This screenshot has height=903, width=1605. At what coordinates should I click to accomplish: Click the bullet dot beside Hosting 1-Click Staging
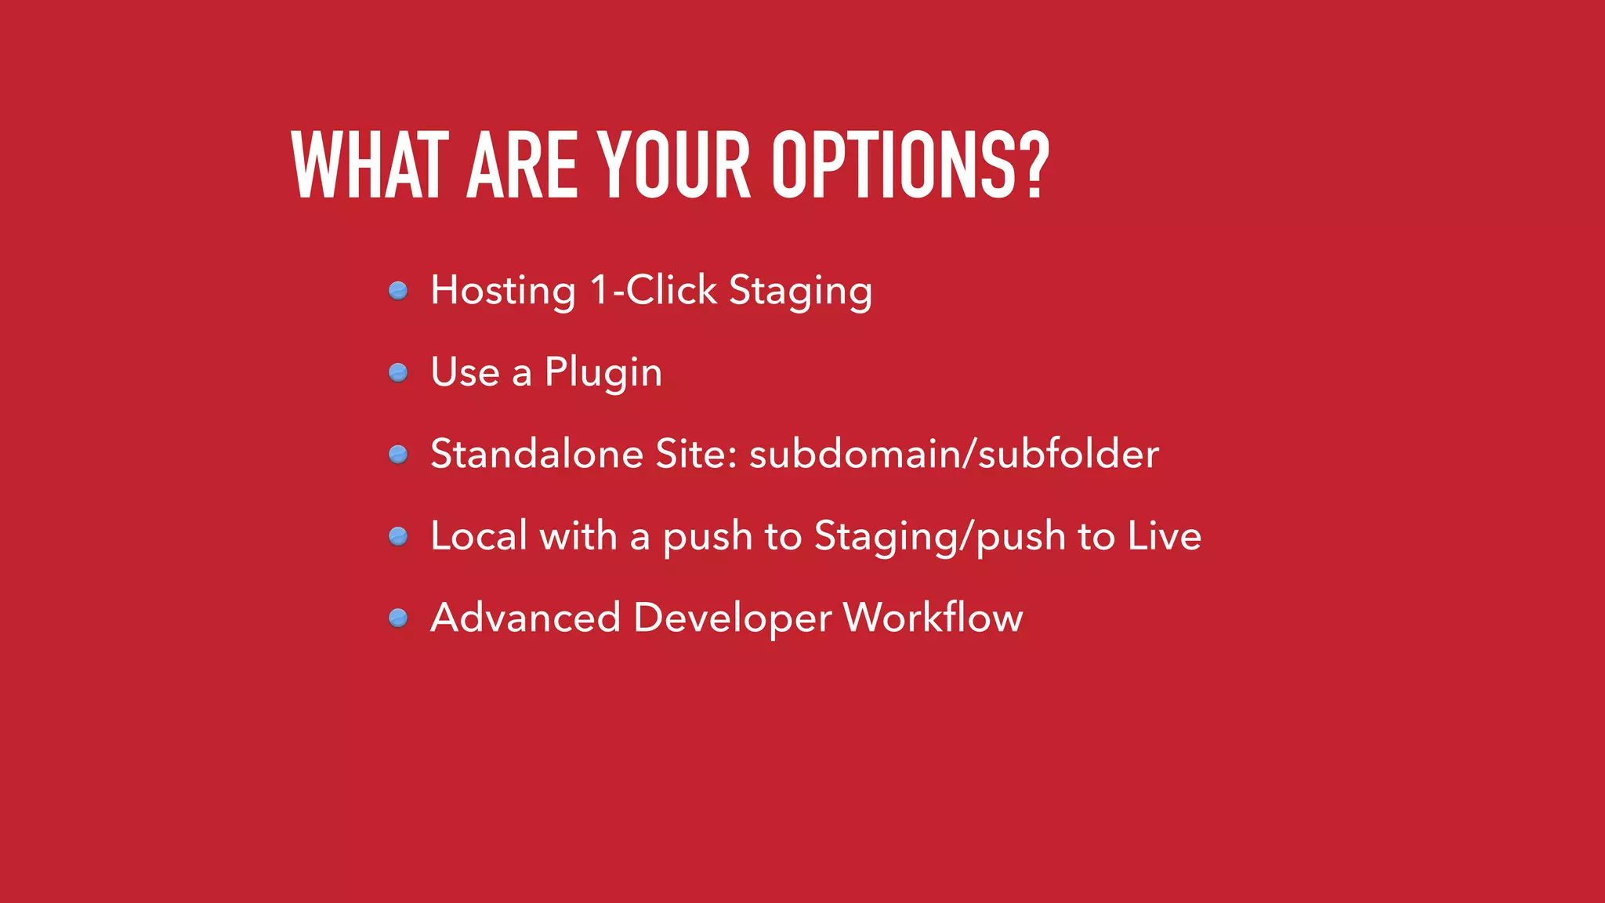coord(398,291)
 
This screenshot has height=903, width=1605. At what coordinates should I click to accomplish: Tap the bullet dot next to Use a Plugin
coord(398,372)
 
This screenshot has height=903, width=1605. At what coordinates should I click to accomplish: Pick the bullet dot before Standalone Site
coord(398,455)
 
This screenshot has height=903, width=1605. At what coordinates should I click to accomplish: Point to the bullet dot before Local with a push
coord(398,536)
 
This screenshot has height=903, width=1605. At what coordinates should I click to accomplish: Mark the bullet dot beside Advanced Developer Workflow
coord(398,618)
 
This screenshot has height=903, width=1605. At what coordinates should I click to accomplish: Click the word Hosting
coord(503,291)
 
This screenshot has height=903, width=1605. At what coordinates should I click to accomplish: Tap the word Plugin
coord(603,372)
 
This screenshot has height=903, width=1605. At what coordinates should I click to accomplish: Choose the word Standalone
coord(537,454)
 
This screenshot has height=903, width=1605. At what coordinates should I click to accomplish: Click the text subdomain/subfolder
coord(954,454)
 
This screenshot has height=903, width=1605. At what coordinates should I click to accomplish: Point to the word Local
coord(478,536)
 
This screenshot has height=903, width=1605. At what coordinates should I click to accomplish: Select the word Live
coord(1164,536)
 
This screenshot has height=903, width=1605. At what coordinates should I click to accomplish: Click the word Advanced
coord(526,618)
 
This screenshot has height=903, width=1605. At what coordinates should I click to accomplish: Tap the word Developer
coord(732,618)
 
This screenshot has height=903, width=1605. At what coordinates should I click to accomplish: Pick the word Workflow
coord(933,618)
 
